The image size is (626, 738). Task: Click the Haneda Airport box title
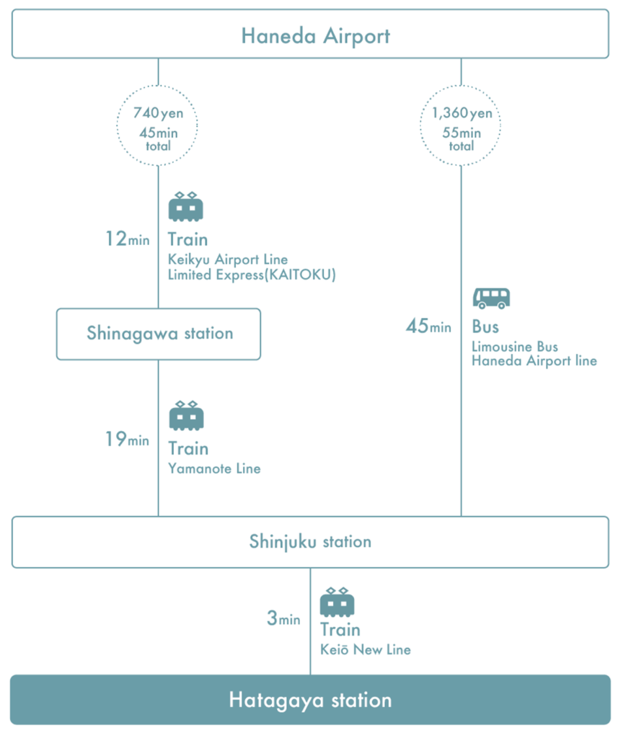tap(316, 36)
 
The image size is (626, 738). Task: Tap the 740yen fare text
tap(158, 113)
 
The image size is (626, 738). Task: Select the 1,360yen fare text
tap(462, 113)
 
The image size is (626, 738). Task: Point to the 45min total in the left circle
tap(158, 139)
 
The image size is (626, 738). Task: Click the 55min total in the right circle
tap(462, 139)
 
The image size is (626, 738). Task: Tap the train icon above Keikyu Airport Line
tap(186, 207)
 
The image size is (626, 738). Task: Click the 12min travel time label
tap(127, 239)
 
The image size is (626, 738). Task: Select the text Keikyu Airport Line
tap(227, 259)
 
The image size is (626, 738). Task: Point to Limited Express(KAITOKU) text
tap(252, 275)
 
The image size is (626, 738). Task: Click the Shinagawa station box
tap(159, 334)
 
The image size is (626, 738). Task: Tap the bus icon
tap(491, 298)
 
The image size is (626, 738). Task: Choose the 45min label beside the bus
tap(428, 326)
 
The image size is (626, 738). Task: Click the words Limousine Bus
tap(515, 347)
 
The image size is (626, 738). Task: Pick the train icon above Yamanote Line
tap(187, 416)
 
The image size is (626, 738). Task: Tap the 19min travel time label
tap(127, 439)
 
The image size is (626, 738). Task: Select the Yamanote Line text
tap(214, 468)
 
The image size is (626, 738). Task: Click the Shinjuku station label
tap(310, 542)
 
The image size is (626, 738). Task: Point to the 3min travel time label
tap(283, 618)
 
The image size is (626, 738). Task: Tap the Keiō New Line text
tap(366, 649)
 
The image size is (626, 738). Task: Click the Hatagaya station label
tap(310, 700)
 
